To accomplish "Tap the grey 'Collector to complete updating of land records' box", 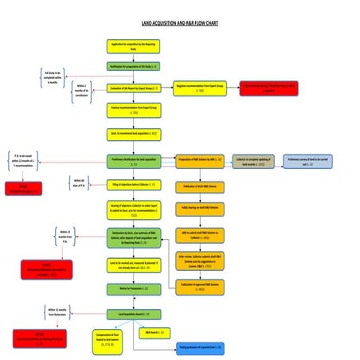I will click(253, 161).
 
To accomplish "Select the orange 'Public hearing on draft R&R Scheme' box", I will click(200, 207).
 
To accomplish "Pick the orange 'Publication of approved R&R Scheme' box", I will click(200, 284).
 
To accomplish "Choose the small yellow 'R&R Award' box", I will click(154, 331).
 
